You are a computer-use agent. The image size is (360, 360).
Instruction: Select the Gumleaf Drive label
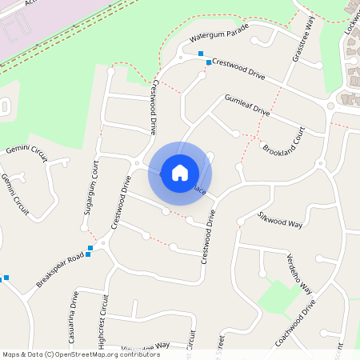[x=247, y=105]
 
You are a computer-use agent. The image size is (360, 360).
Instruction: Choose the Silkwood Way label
[x=280, y=218]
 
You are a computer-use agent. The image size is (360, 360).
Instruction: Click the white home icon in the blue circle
[x=180, y=172]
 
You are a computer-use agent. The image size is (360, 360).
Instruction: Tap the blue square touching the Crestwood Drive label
[x=209, y=62]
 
